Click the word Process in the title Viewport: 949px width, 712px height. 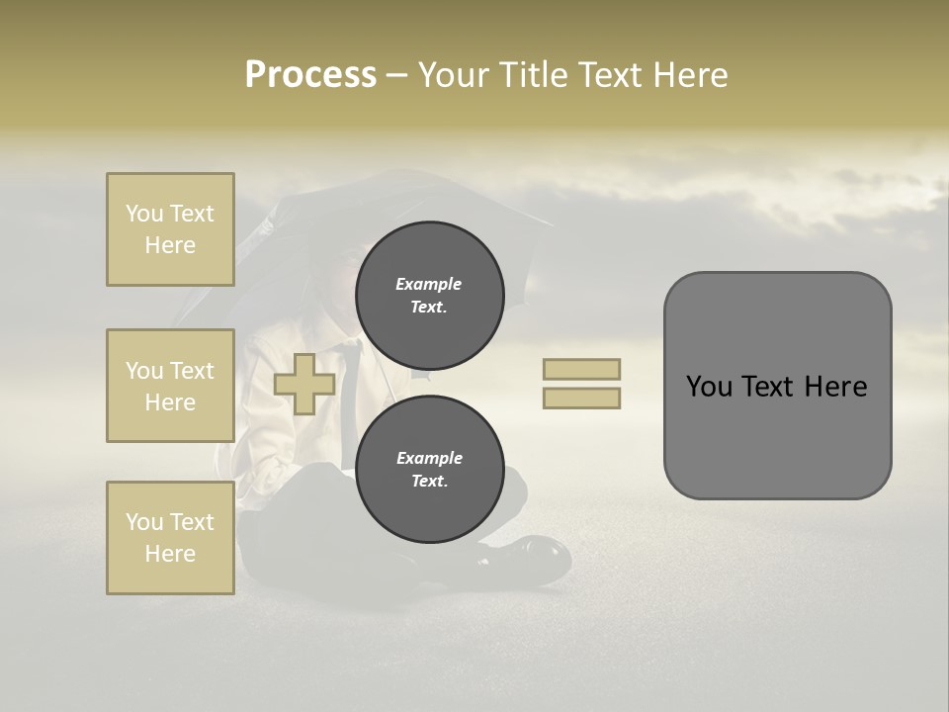pyautogui.click(x=310, y=75)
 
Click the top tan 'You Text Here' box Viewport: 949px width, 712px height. pyautogui.click(x=170, y=229)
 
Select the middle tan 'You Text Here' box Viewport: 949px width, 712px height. pyautogui.click(x=170, y=386)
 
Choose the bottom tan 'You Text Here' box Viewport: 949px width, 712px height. pyautogui.click(x=170, y=537)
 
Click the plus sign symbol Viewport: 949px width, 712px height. pyautogui.click(x=304, y=384)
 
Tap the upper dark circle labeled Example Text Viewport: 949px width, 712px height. pyautogui.click(x=429, y=295)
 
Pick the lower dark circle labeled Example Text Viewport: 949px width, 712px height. pyautogui.click(x=429, y=469)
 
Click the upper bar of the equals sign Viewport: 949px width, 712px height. pyautogui.click(x=581, y=369)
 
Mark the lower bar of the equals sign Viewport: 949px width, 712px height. pyautogui.click(x=581, y=398)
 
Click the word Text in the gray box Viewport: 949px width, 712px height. pyautogui.click(x=770, y=387)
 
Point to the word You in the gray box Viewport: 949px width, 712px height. pyautogui.click(x=709, y=387)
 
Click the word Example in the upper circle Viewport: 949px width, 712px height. pyautogui.click(x=429, y=284)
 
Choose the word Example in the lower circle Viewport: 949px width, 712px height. pyautogui.click(x=429, y=458)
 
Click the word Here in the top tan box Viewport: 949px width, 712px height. pyautogui.click(x=170, y=245)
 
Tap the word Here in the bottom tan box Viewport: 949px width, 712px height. pyautogui.click(x=170, y=554)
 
